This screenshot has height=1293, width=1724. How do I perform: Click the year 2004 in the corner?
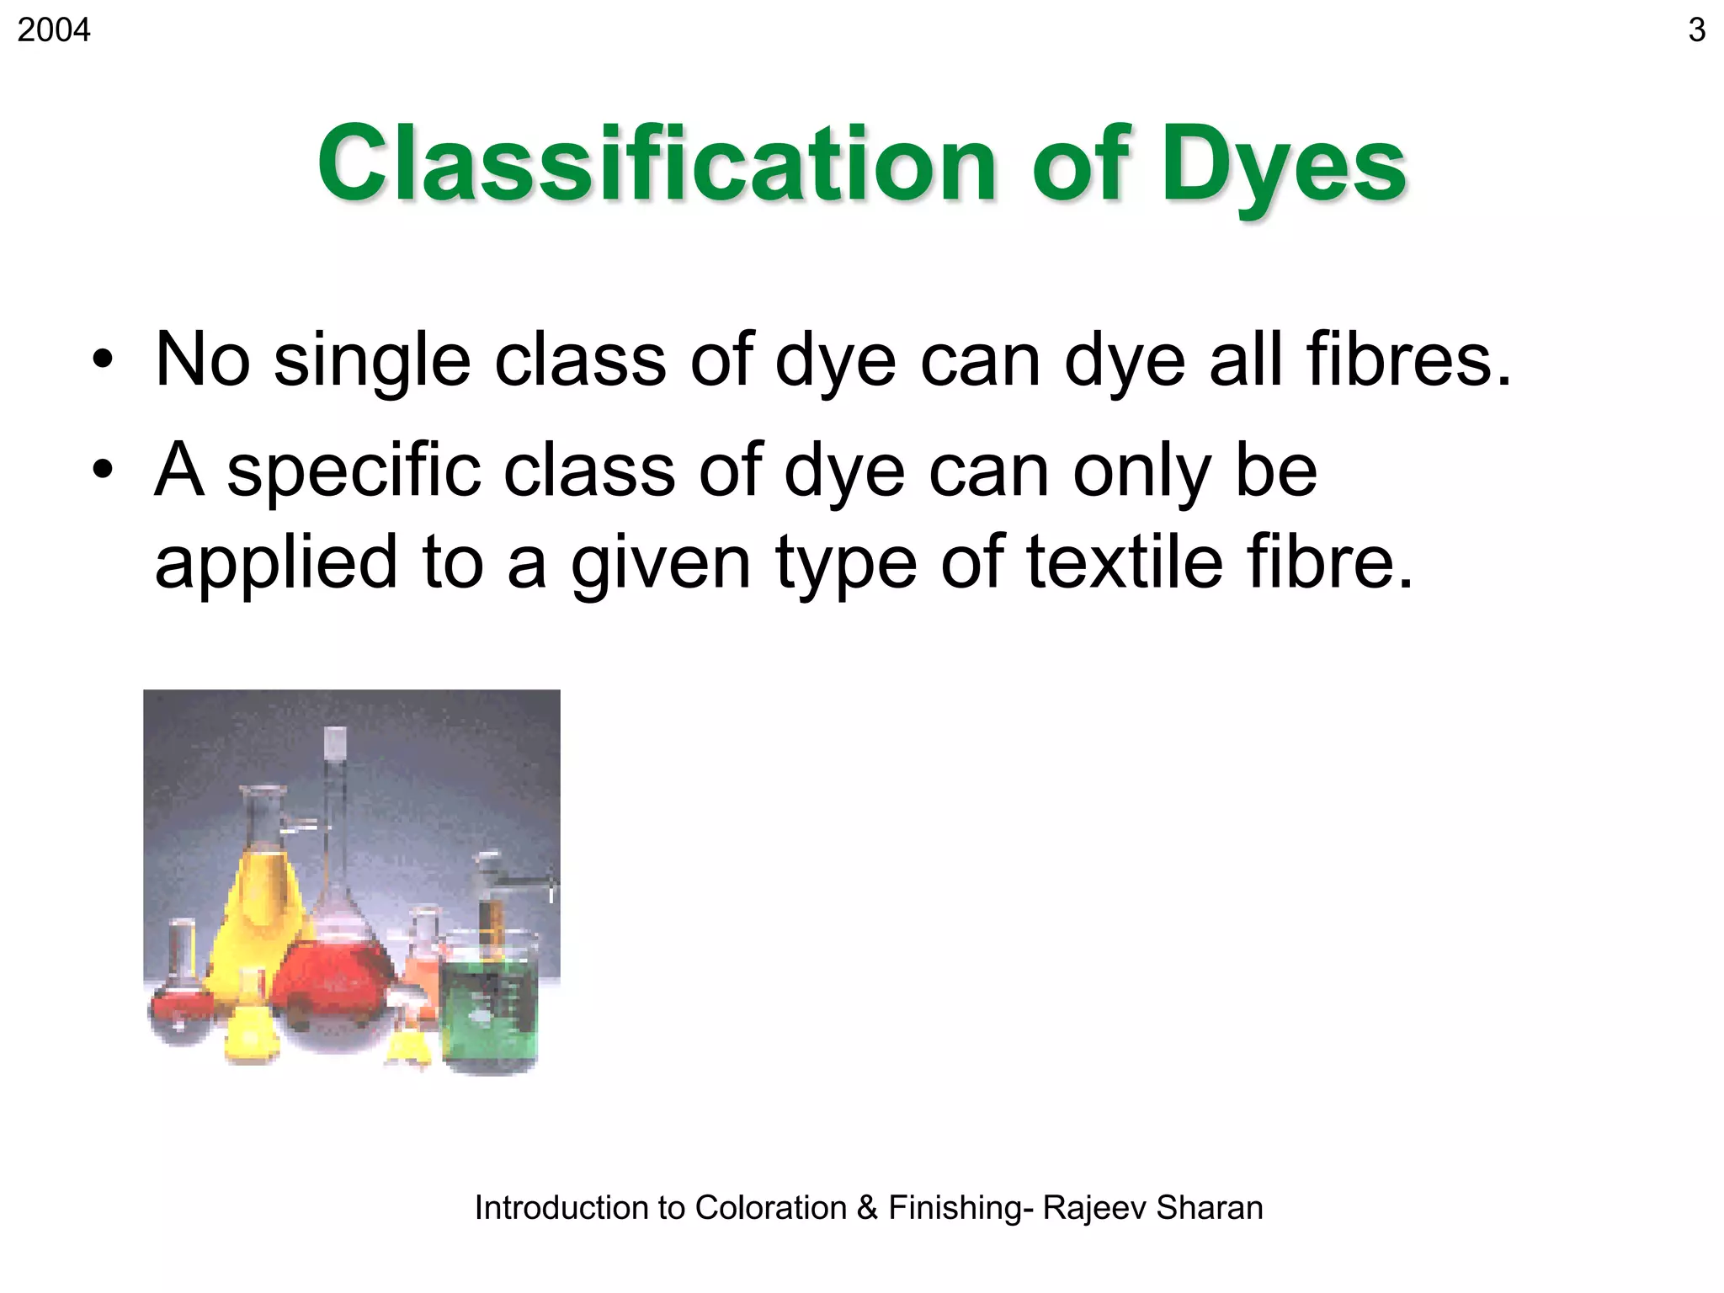coord(53,30)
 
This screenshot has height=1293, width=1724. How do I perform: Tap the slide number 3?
coord(1696,30)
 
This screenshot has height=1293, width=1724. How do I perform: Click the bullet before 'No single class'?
coord(103,359)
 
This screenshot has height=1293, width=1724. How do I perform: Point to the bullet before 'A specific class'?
coord(103,470)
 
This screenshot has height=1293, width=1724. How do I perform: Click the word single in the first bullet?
coord(371,360)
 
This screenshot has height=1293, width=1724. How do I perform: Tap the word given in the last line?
coord(660,564)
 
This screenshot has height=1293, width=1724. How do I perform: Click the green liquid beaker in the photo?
coord(489,1006)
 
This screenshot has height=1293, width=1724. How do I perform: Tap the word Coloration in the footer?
coord(770,1208)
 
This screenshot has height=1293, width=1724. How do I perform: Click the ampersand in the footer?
coord(867,1208)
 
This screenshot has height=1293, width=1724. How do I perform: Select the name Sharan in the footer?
coord(1209,1208)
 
